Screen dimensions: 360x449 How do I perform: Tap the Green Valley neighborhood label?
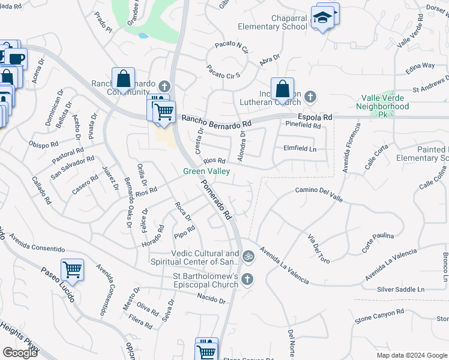pos(206,171)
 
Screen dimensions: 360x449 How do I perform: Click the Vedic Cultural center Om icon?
pos(249,257)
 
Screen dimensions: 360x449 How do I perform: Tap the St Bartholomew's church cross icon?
pos(248,279)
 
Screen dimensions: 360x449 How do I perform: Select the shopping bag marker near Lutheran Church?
pos(282,89)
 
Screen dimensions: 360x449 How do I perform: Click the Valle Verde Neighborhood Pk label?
pos(387,106)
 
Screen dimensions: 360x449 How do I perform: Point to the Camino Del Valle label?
pos(318,191)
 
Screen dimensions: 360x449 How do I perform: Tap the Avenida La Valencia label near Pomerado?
pos(285,265)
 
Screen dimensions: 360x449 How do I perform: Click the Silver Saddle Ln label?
pos(400,289)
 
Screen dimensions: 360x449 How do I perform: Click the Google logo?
pos(20,353)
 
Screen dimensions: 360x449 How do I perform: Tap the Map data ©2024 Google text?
pos(411,355)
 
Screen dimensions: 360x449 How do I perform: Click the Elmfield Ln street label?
pos(299,148)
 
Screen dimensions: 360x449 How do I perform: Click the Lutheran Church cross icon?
pos(310,96)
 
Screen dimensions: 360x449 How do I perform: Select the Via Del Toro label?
pos(319,249)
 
